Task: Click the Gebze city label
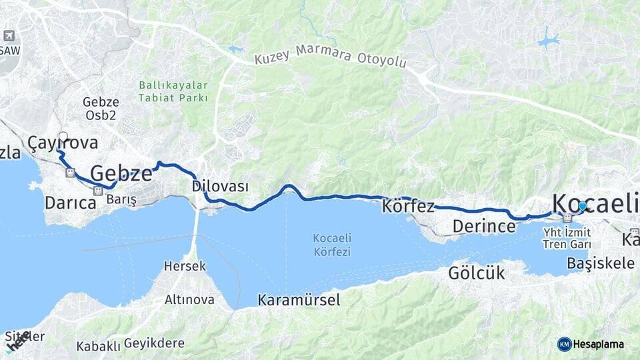click(x=121, y=174)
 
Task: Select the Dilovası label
click(x=220, y=186)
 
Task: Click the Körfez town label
click(x=408, y=206)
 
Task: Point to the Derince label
click(x=484, y=227)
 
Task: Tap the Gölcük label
click(x=477, y=273)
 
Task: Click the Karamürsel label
click(x=299, y=300)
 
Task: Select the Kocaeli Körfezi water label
click(x=332, y=245)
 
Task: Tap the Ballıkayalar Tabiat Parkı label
click(x=174, y=92)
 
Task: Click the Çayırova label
click(x=63, y=143)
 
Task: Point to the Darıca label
click(x=71, y=202)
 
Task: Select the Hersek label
click(x=185, y=266)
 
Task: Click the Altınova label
click(x=189, y=299)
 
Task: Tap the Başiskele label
click(x=600, y=263)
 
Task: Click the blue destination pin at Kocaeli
click(x=583, y=207)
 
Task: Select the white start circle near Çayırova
click(x=63, y=137)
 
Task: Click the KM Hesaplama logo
click(x=591, y=344)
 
